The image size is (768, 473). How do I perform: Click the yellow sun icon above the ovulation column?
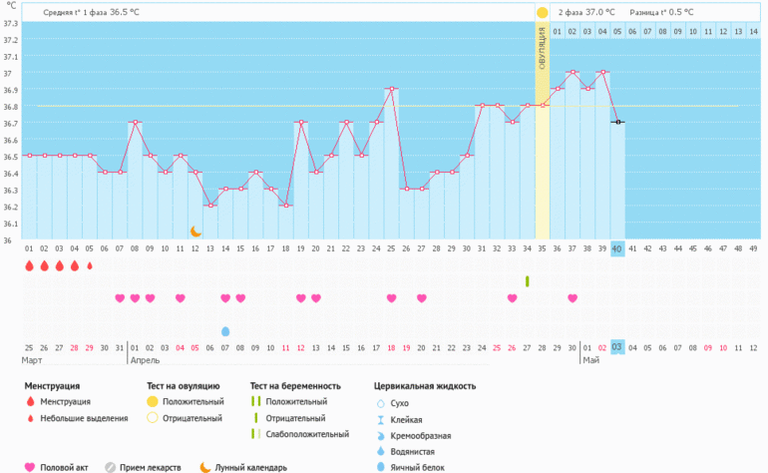pyautogui.click(x=542, y=13)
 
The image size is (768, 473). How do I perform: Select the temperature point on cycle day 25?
pyautogui.click(x=391, y=89)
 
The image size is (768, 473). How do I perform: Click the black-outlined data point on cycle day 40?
pyautogui.click(x=617, y=122)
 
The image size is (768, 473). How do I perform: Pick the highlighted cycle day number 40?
pyautogui.click(x=617, y=248)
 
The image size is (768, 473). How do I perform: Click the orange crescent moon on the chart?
pyautogui.click(x=195, y=231)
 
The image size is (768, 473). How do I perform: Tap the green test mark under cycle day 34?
pyautogui.click(x=527, y=280)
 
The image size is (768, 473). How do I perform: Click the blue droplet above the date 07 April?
pyautogui.click(x=225, y=331)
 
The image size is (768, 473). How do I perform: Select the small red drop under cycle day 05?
pyautogui.click(x=90, y=266)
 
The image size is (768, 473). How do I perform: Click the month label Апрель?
pyautogui.click(x=145, y=359)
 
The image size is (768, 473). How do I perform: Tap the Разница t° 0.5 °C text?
pyautogui.click(x=661, y=12)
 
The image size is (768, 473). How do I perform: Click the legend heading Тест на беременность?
pyautogui.click(x=295, y=385)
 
